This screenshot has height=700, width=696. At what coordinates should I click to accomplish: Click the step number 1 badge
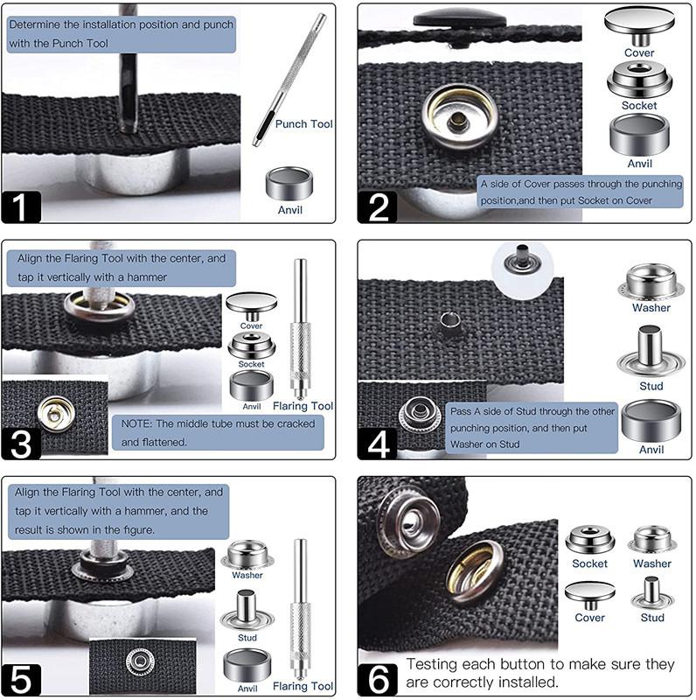(x=21, y=207)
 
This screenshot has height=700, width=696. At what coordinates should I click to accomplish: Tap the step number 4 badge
(x=377, y=444)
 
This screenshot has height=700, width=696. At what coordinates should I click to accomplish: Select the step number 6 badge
(x=377, y=679)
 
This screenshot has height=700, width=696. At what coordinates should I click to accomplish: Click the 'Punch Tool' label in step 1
(x=303, y=124)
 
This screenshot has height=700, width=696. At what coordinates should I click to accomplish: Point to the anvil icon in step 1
(x=289, y=184)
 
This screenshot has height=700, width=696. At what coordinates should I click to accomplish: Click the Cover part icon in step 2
(x=639, y=26)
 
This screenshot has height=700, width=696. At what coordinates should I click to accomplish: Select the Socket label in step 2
(x=639, y=106)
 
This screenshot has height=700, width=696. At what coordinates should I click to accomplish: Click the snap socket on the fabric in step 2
(x=458, y=117)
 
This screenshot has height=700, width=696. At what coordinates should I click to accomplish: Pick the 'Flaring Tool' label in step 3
(x=303, y=406)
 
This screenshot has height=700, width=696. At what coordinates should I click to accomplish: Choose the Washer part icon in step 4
(x=651, y=282)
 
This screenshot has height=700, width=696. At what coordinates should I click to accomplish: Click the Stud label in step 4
(x=651, y=386)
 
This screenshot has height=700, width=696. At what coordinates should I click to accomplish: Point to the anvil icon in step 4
(x=651, y=421)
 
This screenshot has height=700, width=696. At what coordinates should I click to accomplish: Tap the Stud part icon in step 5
(x=247, y=610)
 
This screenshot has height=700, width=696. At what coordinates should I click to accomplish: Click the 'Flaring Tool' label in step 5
(x=303, y=686)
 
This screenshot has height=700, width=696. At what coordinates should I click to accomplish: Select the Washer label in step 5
(x=247, y=576)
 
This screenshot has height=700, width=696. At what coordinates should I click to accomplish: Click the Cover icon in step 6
(x=590, y=596)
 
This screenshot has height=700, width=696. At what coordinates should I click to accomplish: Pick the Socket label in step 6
(x=590, y=563)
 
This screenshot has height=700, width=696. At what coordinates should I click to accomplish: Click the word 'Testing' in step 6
(x=432, y=665)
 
